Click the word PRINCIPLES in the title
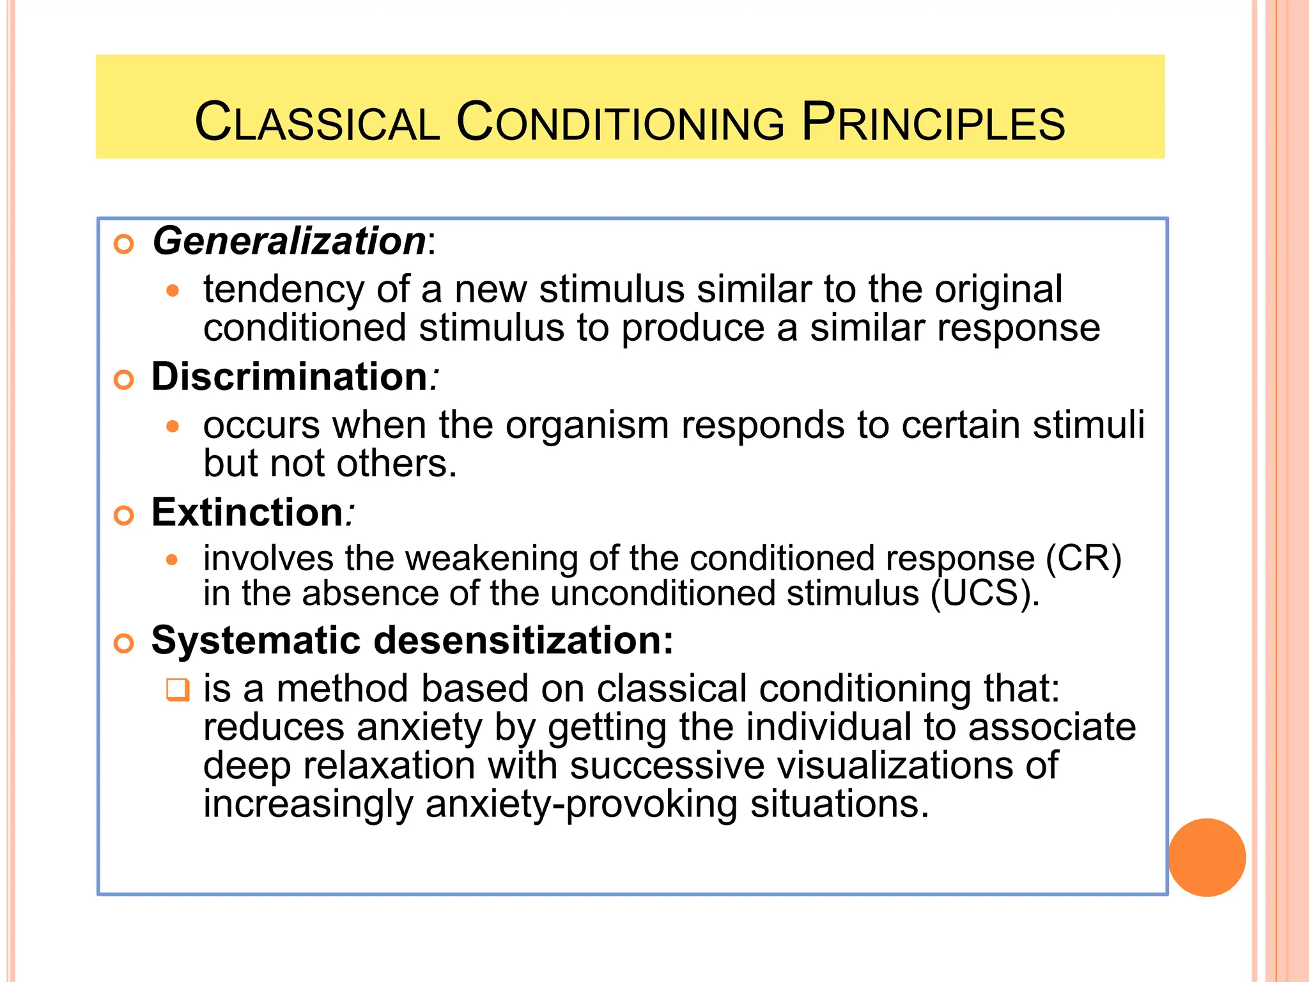(933, 123)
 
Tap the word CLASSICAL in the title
(317, 123)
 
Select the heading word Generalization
(289, 241)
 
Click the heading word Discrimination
(289, 377)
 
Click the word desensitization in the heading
(523, 640)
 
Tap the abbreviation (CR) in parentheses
(1083, 559)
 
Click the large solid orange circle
(1207, 857)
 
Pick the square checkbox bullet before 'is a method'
(178, 690)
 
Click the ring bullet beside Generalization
(123, 244)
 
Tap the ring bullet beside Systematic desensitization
(123, 643)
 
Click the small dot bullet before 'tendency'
(173, 291)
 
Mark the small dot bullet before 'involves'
(172, 560)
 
